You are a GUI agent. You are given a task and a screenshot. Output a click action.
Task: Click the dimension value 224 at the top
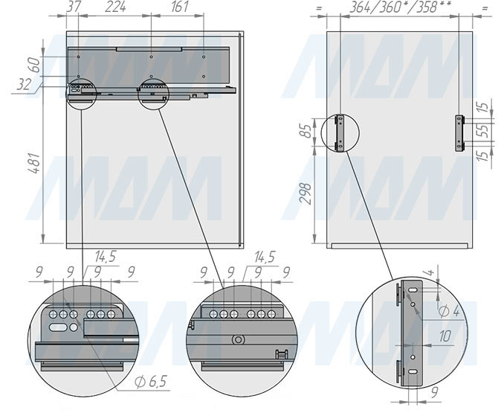point(116,7)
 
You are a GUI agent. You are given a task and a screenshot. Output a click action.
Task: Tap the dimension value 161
point(180,7)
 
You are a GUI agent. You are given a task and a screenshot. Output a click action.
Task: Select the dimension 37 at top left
point(74,7)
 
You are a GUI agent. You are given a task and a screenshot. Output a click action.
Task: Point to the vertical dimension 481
point(34,164)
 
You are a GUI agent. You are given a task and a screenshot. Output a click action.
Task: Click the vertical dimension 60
point(35,65)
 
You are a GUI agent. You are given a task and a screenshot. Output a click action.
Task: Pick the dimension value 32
point(24,85)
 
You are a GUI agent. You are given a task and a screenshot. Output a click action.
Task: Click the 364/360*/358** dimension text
point(400,7)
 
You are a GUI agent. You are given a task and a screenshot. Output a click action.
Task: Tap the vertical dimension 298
point(306,193)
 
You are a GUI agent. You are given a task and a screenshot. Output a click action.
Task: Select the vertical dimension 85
point(306,131)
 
